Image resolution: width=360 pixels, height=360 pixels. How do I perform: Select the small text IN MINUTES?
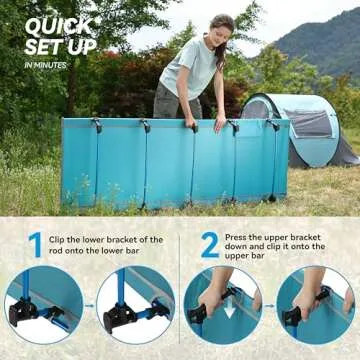[45, 64]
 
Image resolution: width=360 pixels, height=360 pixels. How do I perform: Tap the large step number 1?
[35, 246]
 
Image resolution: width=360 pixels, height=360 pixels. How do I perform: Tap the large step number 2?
[209, 246]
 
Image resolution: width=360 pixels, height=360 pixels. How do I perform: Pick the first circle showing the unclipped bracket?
[43, 304]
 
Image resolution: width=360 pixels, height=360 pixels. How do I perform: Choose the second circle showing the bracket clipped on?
[135, 304]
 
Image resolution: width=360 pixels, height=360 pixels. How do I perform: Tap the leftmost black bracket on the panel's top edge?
[96, 124]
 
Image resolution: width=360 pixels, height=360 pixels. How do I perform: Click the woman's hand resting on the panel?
[219, 123]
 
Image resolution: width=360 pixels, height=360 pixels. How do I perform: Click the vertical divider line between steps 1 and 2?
[180, 290]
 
